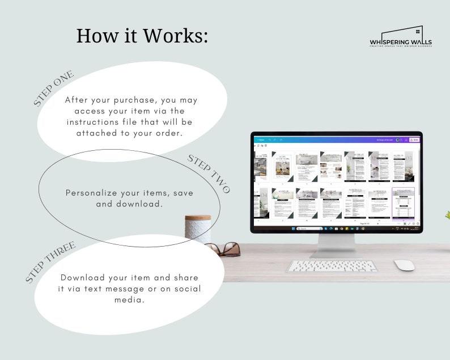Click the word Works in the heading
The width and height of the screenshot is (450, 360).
pos(176,35)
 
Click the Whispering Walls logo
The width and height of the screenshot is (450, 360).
pos(400,39)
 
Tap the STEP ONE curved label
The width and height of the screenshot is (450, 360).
pos(54,88)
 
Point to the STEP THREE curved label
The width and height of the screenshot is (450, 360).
pos(51,261)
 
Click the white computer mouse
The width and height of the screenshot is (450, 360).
pos(404,265)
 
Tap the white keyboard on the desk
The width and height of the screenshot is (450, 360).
pos(332,265)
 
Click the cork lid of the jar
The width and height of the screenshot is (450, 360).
pos(198,218)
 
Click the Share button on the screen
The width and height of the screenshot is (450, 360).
pos(415,139)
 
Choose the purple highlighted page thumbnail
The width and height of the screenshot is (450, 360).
pos(404,202)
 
